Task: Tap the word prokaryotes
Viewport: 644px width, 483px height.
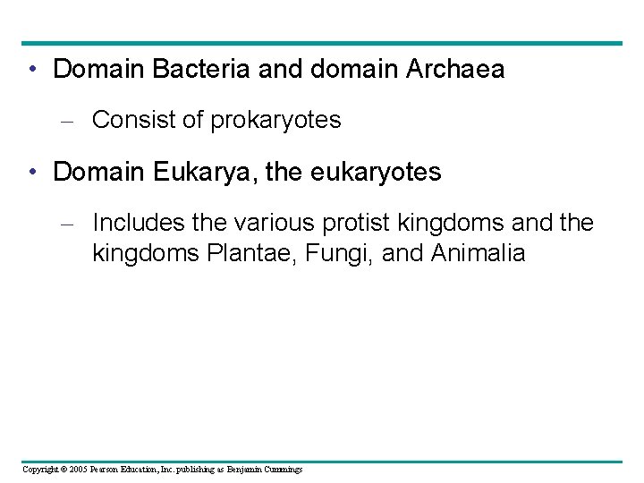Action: pyautogui.click(x=275, y=120)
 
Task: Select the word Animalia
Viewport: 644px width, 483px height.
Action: pyautogui.click(x=478, y=253)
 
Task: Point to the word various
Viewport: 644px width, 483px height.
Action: pyautogui.click(x=267, y=223)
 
